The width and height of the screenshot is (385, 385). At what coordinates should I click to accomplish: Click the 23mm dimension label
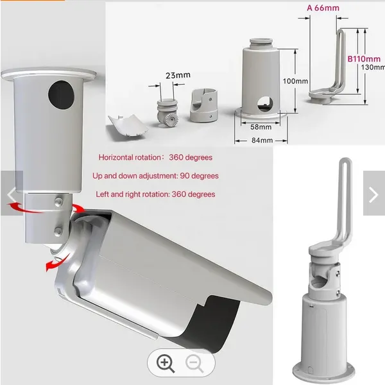[x=178, y=75]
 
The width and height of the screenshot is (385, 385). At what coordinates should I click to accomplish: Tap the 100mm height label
[x=295, y=81]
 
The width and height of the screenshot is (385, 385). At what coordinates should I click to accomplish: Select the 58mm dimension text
[x=261, y=127]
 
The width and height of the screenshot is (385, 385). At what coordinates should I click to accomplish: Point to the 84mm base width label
[x=262, y=140]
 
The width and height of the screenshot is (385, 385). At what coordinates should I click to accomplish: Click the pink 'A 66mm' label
[x=323, y=8]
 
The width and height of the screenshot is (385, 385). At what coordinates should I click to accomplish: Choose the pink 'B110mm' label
[x=364, y=58]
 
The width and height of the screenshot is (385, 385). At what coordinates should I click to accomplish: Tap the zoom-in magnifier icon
[x=166, y=363]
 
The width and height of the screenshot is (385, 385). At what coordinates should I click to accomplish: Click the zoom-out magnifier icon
[x=194, y=363]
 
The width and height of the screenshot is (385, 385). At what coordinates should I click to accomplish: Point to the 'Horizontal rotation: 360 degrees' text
[x=155, y=157]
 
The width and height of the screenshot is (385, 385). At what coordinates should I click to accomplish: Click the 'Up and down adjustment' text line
[x=155, y=176]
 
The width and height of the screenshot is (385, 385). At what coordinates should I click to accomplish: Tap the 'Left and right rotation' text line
[x=155, y=194]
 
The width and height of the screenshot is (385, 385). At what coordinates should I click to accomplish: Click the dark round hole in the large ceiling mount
[x=61, y=95]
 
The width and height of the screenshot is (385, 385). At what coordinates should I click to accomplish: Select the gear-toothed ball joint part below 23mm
[x=168, y=113]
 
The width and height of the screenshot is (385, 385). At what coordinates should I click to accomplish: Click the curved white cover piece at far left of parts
[x=128, y=125]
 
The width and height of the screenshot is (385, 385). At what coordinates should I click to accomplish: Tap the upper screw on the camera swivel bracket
[x=58, y=201]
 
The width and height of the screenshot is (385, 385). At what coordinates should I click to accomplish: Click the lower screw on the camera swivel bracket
[x=58, y=231]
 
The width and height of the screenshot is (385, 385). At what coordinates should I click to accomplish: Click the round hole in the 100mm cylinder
[x=265, y=104]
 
